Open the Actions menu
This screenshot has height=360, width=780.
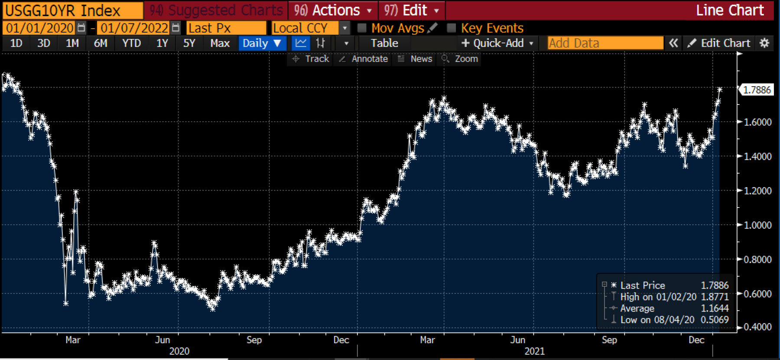click(x=334, y=10)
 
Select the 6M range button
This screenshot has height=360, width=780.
click(x=101, y=43)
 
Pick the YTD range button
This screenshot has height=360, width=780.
click(x=131, y=43)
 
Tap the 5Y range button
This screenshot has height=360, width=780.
click(x=189, y=43)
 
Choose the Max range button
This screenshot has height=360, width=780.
click(x=220, y=43)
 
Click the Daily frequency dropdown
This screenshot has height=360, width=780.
click(x=261, y=43)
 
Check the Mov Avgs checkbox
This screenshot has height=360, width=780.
click(x=362, y=28)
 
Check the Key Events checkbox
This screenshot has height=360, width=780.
click(x=452, y=28)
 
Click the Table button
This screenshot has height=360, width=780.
click(x=384, y=43)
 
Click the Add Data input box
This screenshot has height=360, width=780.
click(x=605, y=43)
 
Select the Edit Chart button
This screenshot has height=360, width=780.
click(x=719, y=43)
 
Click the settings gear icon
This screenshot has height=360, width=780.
click(x=764, y=43)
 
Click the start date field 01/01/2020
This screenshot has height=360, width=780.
click(x=40, y=28)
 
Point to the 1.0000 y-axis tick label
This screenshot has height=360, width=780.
click(x=757, y=225)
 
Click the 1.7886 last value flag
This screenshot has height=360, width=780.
click(x=757, y=90)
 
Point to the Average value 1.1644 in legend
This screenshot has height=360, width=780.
click(x=715, y=308)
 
